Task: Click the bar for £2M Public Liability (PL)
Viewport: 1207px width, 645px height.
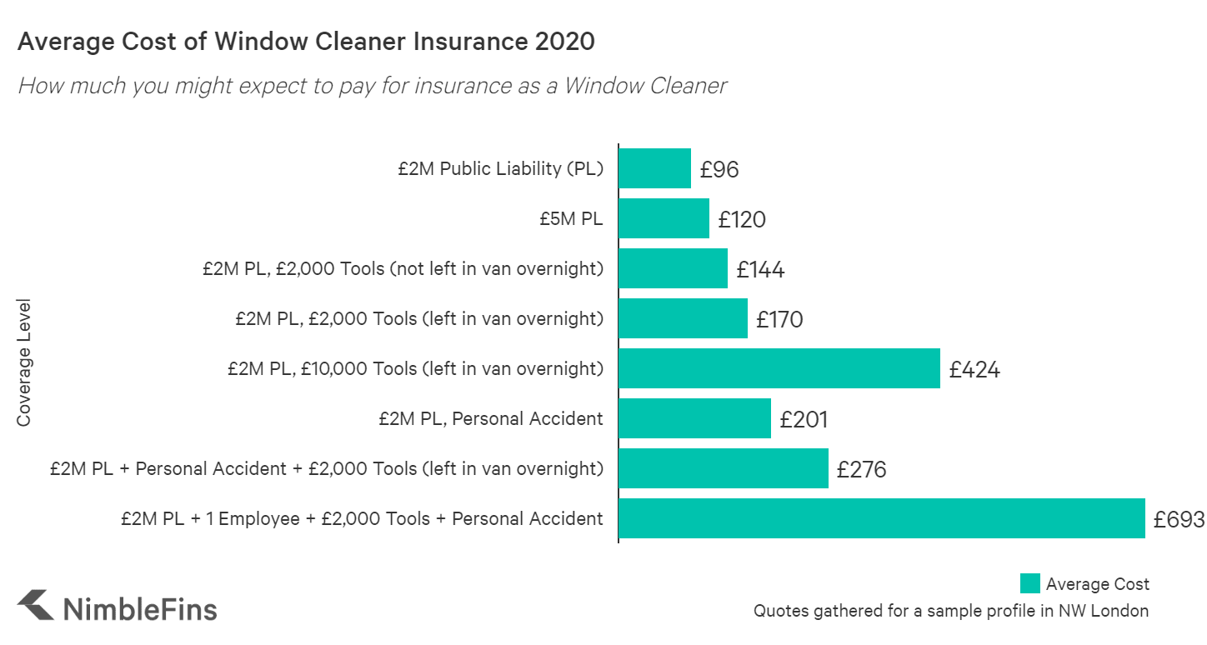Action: click(654, 168)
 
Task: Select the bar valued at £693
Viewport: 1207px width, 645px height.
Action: click(881, 518)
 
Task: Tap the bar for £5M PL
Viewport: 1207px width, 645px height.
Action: click(664, 218)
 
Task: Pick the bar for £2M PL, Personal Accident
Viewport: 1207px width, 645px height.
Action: click(694, 418)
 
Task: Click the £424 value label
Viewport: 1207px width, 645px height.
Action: click(974, 369)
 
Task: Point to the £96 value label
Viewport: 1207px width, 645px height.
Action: click(719, 170)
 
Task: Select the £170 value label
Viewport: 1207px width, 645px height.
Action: click(779, 319)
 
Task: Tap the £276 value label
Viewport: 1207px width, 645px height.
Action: click(861, 469)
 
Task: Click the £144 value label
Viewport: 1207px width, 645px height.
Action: click(760, 269)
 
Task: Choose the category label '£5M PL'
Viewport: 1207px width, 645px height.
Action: click(571, 219)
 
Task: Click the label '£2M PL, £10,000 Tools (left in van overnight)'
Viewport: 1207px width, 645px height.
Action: click(415, 368)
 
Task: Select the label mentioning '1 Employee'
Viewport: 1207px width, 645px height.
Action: click(361, 518)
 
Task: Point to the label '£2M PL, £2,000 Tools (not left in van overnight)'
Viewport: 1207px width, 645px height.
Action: click(403, 269)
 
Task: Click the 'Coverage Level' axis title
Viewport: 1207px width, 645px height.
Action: click(24, 362)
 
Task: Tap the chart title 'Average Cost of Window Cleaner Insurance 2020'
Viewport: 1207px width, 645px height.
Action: click(306, 42)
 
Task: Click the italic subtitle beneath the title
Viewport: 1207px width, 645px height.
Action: click(372, 85)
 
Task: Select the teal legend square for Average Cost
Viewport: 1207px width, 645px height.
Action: click(1029, 583)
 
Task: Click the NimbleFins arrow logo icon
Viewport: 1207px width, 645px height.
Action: click(36, 606)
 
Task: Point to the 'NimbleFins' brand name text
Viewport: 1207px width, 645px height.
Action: click(140, 607)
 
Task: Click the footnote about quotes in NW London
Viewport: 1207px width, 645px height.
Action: click(950, 611)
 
